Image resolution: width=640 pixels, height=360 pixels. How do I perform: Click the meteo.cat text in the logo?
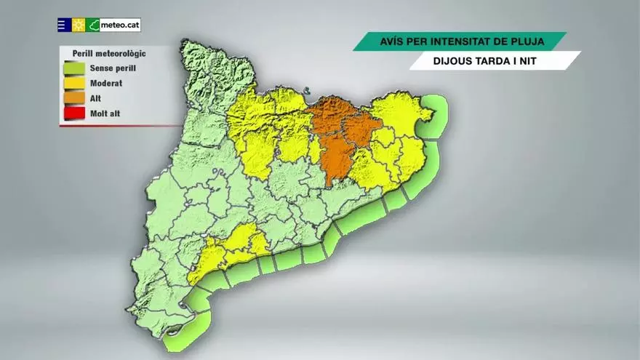[120, 25]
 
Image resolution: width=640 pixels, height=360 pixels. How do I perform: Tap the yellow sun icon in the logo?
[79, 25]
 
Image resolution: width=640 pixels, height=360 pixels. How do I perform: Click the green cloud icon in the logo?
[93, 25]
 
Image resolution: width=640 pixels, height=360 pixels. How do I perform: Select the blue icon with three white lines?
[64, 25]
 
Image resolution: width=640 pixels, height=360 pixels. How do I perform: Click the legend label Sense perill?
[113, 68]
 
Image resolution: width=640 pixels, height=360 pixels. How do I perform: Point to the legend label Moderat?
[106, 83]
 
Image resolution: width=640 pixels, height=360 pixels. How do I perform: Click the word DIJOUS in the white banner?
[451, 60]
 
